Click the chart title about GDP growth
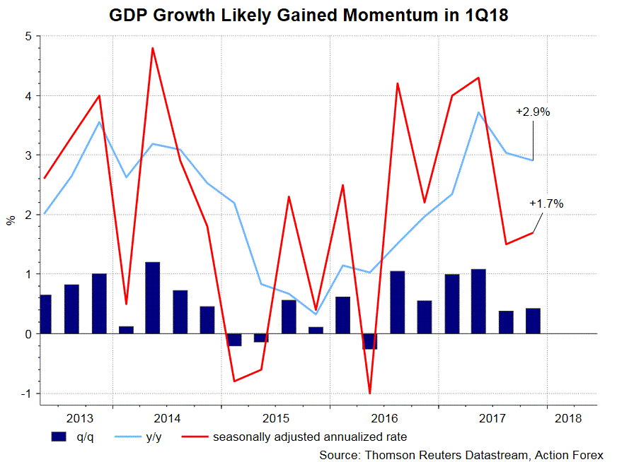click(308, 15)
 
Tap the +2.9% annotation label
click(533, 112)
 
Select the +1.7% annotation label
click(546, 203)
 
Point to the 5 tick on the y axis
click(28, 36)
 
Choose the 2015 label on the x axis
click(275, 418)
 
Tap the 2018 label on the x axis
click(567, 418)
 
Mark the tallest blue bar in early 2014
click(152, 297)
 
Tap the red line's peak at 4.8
click(152, 48)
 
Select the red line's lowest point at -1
click(370, 393)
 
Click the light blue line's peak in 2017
click(479, 112)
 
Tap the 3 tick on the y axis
click(28, 155)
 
